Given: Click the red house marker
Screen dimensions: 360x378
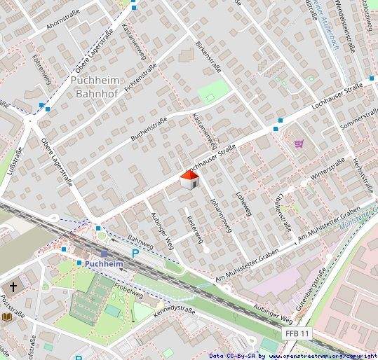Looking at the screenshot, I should [x=189, y=179].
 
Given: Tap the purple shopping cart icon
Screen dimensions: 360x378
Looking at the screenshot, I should [x=299, y=144].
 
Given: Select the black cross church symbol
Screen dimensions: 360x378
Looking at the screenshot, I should [x=13, y=287].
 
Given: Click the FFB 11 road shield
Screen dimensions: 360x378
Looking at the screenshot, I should [x=297, y=333].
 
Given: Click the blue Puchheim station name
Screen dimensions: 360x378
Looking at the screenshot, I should [x=104, y=264].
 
